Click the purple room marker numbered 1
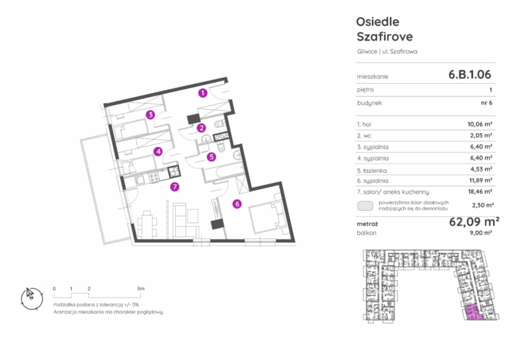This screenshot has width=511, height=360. point(203,93)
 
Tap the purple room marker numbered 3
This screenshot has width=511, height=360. point(150,114)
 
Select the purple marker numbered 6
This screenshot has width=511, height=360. point(237,204)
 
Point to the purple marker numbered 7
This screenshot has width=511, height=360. point(175,187)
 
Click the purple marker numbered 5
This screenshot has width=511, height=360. point(212,157)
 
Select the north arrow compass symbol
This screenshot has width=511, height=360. point(32,298)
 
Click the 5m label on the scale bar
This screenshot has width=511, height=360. point(141,289)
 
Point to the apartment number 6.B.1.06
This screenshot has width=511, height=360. point(470,75)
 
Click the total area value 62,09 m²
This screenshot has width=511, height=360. point(474,222)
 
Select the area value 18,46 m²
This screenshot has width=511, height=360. point(480,192)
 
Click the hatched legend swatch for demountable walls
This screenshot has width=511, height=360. point(365,206)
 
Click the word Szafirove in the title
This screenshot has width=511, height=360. point(385,37)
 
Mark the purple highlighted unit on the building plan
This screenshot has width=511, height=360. point(473,313)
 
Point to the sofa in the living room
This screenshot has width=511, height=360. point(185,220)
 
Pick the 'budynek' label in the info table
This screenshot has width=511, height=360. point(369,103)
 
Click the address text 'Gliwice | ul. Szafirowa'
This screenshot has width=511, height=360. point(387,51)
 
